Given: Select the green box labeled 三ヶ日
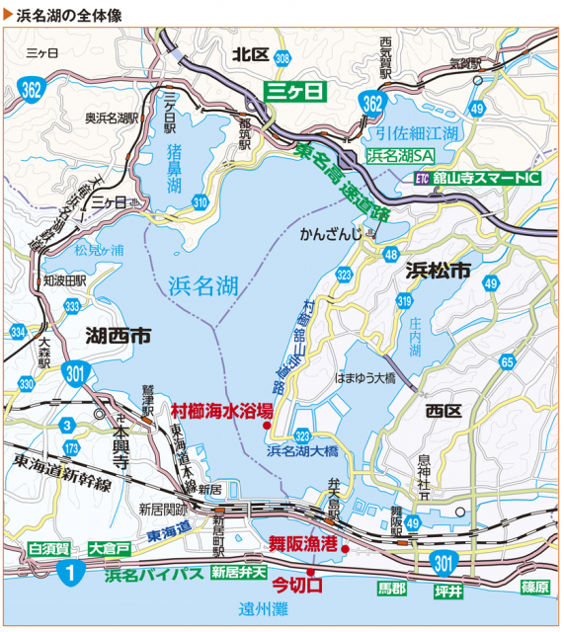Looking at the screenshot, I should (x=294, y=92).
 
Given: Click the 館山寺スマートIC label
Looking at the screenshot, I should (x=485, y=179).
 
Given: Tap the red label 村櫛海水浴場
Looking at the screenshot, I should (x=216, y=409).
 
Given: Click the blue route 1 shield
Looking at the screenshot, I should (x=67, y=571).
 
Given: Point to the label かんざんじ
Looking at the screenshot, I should (x=330, y=235).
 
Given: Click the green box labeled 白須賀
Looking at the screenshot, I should (x=47, y=547).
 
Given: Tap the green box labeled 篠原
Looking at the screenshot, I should (x=534, y=587).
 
